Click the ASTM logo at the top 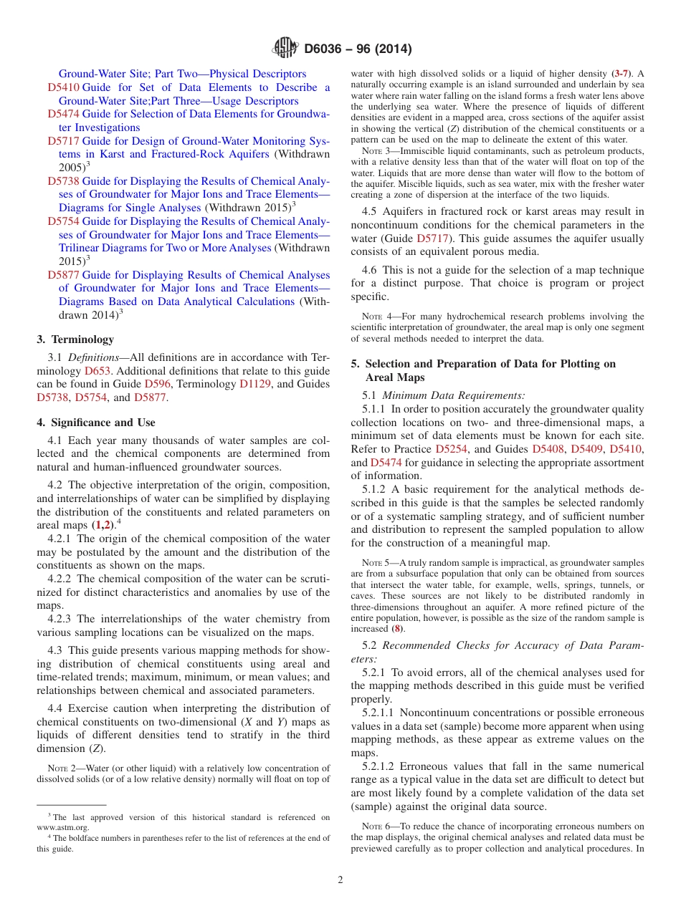click(286, 49)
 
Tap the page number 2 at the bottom click(340, 880)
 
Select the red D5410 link click(64, 87)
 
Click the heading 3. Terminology click(75, 339)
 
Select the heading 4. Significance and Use click(96, 423)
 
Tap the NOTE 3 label click(376, 151)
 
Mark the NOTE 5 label click(376, 563)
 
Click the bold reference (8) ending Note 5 click(397, 628)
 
